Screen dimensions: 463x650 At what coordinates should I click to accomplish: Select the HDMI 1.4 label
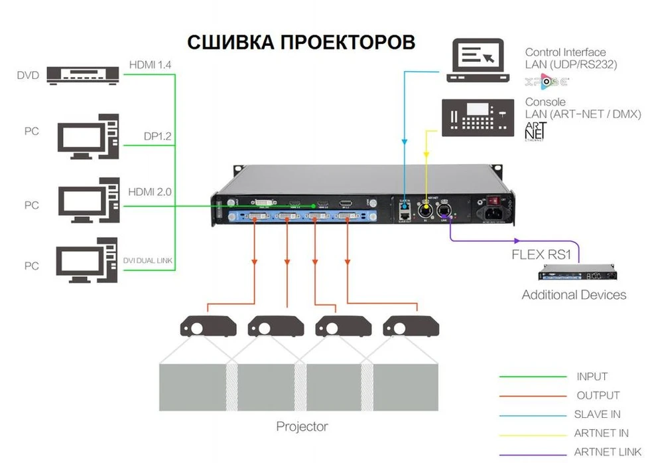coord(151,65)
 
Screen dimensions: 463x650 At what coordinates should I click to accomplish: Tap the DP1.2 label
coord(158,137)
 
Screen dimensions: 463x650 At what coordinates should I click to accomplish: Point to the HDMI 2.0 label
coord(151,192)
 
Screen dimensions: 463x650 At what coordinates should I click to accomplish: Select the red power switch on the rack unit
coord(491,200)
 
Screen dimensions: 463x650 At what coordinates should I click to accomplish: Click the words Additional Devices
coord(574,294)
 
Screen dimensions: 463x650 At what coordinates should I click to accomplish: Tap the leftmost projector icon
coord(208,327)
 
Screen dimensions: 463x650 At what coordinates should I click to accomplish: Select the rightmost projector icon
coord(411,327)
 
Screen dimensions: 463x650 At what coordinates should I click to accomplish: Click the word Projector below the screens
coord(302,426)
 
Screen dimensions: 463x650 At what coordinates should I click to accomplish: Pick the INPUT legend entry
coord(592,377)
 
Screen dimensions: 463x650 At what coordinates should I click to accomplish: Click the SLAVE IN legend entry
coord(597,414)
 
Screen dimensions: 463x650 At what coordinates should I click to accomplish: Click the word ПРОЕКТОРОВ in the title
coord(348,42)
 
